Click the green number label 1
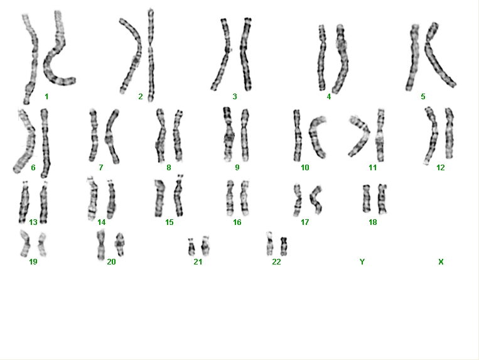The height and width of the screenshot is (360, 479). [46, 97]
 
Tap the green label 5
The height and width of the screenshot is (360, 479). [422, 97]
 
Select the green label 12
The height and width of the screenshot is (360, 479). [440, 168]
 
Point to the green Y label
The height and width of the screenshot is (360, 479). [362, 261]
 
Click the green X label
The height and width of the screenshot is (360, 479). [441, 261]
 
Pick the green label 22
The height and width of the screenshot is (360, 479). [276, 261]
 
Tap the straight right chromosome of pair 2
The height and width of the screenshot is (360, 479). [151, 55]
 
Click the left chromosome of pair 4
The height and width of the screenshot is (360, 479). [322, 58]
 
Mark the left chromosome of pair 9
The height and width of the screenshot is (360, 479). [228, 134]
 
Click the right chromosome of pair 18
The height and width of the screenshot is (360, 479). [382, 199]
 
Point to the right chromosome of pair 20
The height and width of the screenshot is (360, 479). [119, 244]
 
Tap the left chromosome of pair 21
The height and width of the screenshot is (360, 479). [191, 247]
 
